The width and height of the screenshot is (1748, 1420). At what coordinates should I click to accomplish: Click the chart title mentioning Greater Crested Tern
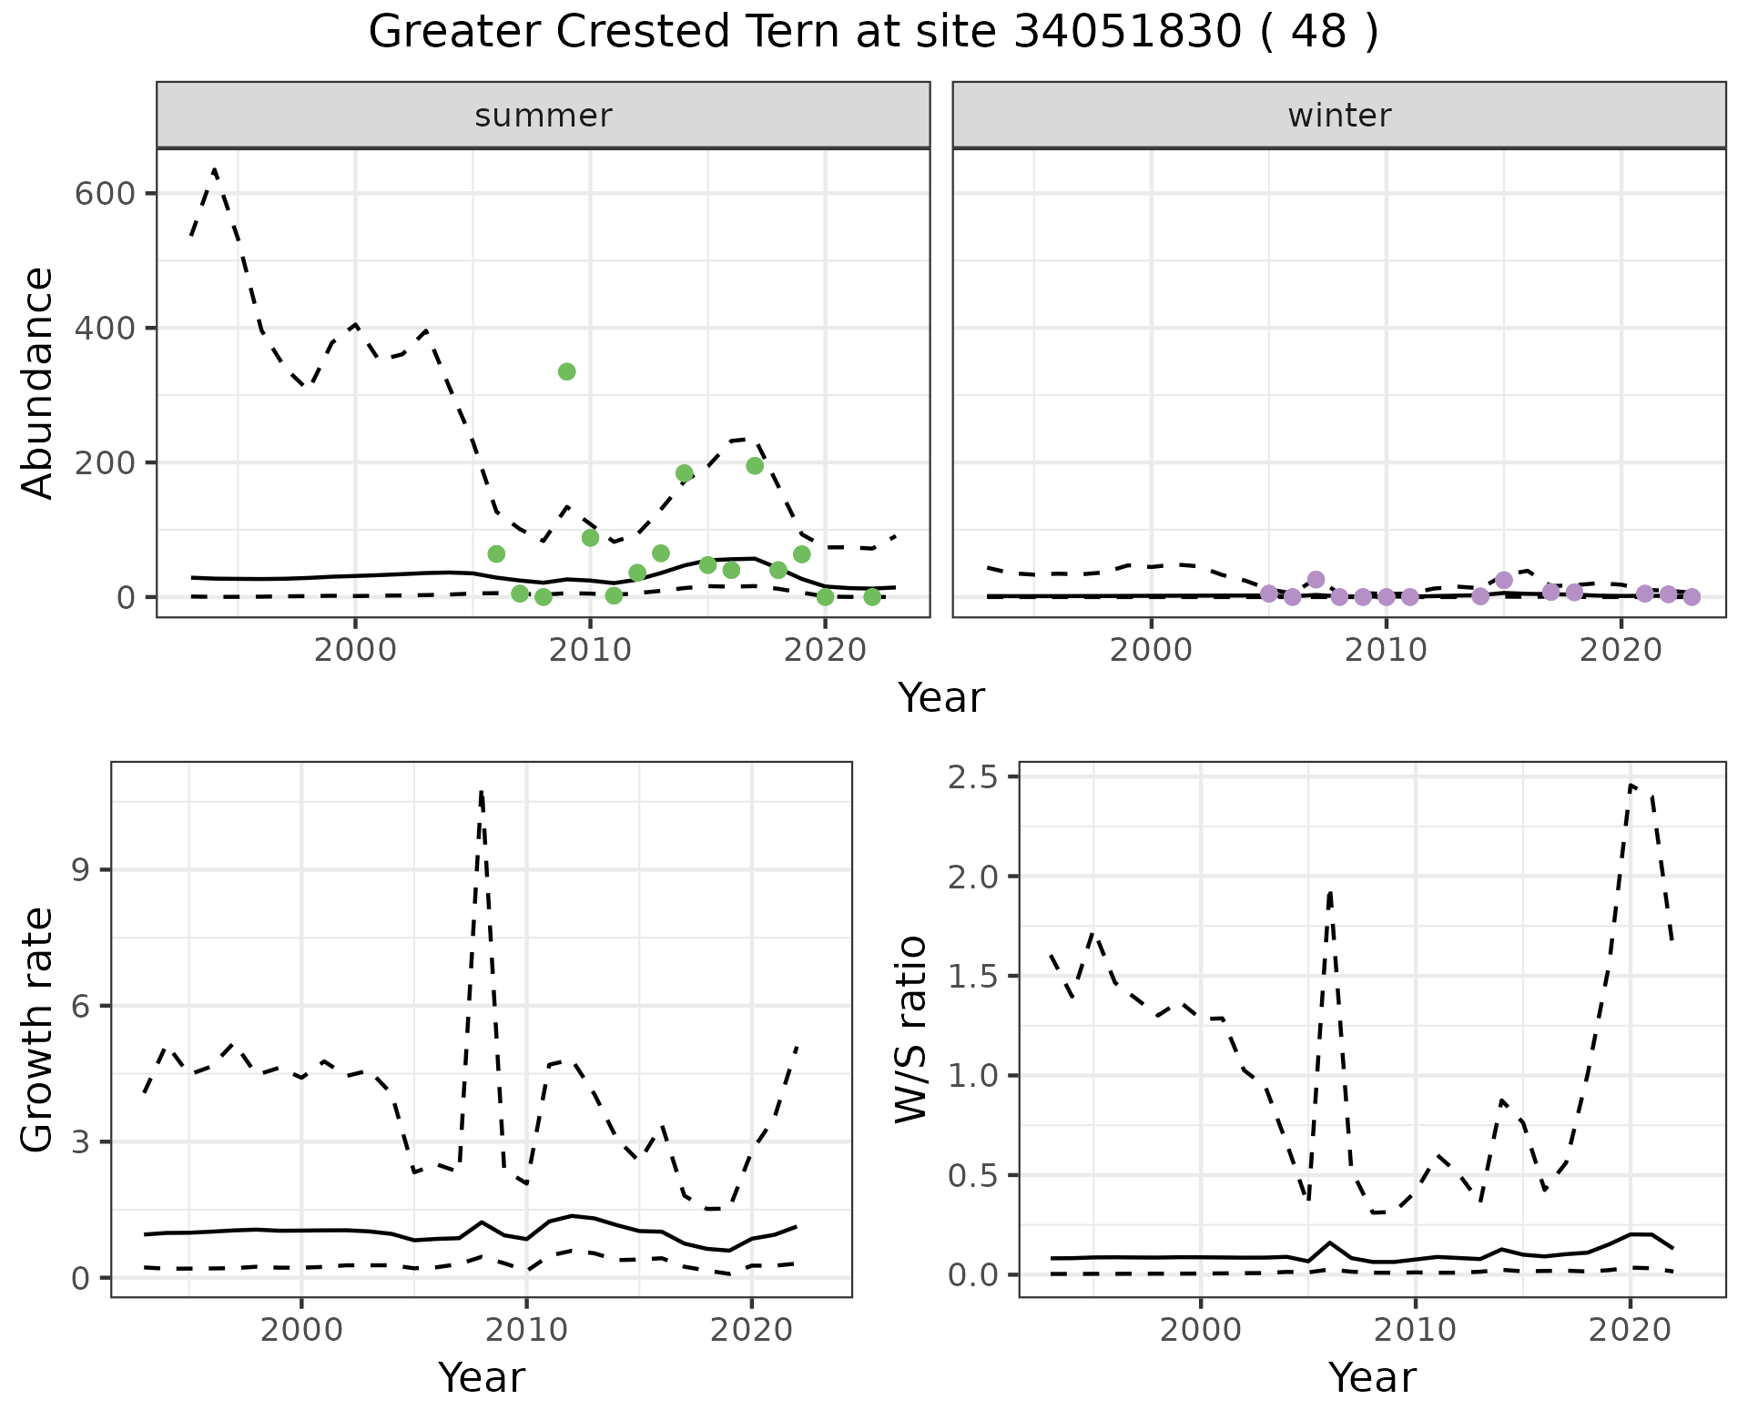pos(873,33)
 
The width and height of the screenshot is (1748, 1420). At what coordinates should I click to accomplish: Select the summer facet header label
pos(543,116)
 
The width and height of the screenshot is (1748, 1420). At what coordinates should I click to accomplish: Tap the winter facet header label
pos(1338,116)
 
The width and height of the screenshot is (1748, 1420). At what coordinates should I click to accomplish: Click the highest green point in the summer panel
pos(566,371)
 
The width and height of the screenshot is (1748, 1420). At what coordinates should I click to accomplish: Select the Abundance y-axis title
pos(38,382)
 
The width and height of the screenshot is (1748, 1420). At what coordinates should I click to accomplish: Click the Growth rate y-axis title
pos(38,1029)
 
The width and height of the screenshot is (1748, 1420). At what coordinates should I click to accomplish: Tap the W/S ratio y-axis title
pos(910,1029)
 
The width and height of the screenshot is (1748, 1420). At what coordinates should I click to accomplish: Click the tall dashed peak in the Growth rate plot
pos(481,792)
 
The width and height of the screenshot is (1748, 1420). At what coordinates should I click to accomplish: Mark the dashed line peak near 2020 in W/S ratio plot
pos(1631,786)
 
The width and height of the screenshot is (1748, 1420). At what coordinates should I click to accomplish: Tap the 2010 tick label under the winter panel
pos(1386,652)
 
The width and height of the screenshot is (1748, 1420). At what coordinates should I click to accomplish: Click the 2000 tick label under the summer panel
pos(355,652)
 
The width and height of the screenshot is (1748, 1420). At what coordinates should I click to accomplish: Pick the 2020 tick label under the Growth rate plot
pos(750,1330)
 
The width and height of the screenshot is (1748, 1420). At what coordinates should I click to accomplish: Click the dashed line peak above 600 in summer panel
pos(215,170)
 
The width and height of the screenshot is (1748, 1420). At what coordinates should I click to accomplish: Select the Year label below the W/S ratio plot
pos(1372,1377)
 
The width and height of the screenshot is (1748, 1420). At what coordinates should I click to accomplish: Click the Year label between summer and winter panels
pos(941,698)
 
